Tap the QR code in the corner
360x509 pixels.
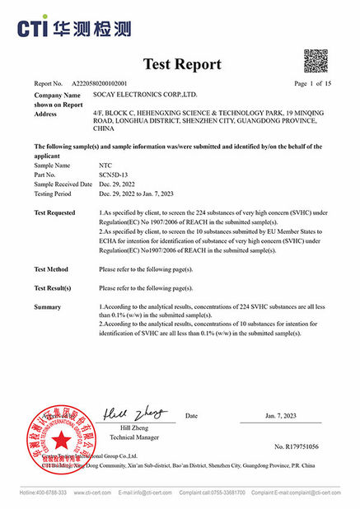(316, 62)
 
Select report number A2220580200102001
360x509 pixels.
(100, 84)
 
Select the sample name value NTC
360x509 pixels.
(104, 166)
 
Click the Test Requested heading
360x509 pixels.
(55, 211)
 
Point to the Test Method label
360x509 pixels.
(51, 269)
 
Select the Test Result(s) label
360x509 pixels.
(53, 288)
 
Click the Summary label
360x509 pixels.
(48, 306)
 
